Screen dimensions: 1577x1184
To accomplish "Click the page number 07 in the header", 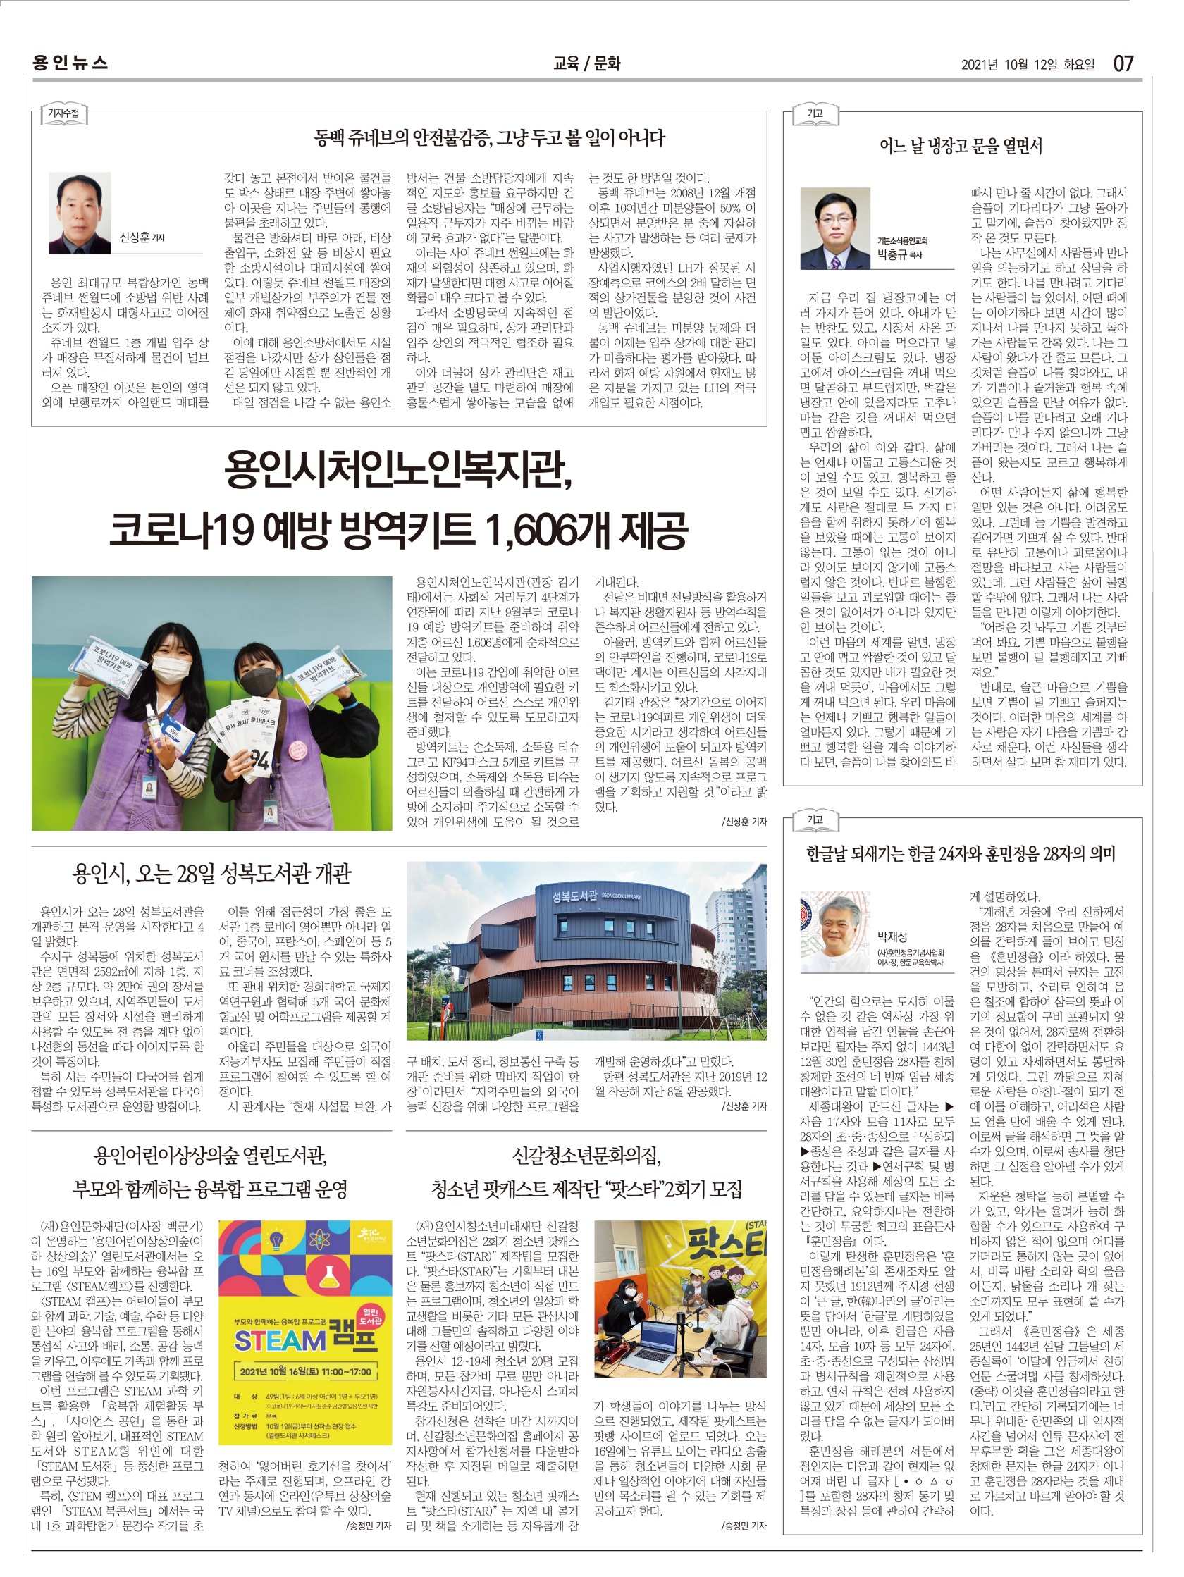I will (x=1123, y=63).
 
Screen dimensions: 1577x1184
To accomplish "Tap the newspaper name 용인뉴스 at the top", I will (x=70, y=63).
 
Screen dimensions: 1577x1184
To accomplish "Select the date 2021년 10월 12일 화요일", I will (x=1027, y=65).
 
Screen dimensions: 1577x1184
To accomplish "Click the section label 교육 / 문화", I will (x=586, y=63).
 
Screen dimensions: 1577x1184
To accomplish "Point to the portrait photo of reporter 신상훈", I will (x=80, y=214).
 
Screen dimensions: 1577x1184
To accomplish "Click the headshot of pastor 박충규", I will (x=834, y=228).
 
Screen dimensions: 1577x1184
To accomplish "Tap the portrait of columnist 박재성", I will (x=834, y=931).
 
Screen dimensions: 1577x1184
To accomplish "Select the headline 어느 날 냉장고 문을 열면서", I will (x=960, y=147).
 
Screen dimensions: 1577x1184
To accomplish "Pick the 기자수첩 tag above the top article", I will (x=63, y=113).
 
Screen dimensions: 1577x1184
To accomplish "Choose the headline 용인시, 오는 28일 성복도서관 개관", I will (x=211, y=873).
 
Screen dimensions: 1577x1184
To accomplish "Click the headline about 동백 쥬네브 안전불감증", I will (x=489, y=137).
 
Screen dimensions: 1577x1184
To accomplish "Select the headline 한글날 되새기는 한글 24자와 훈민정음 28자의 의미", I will (x=960, y=853).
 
